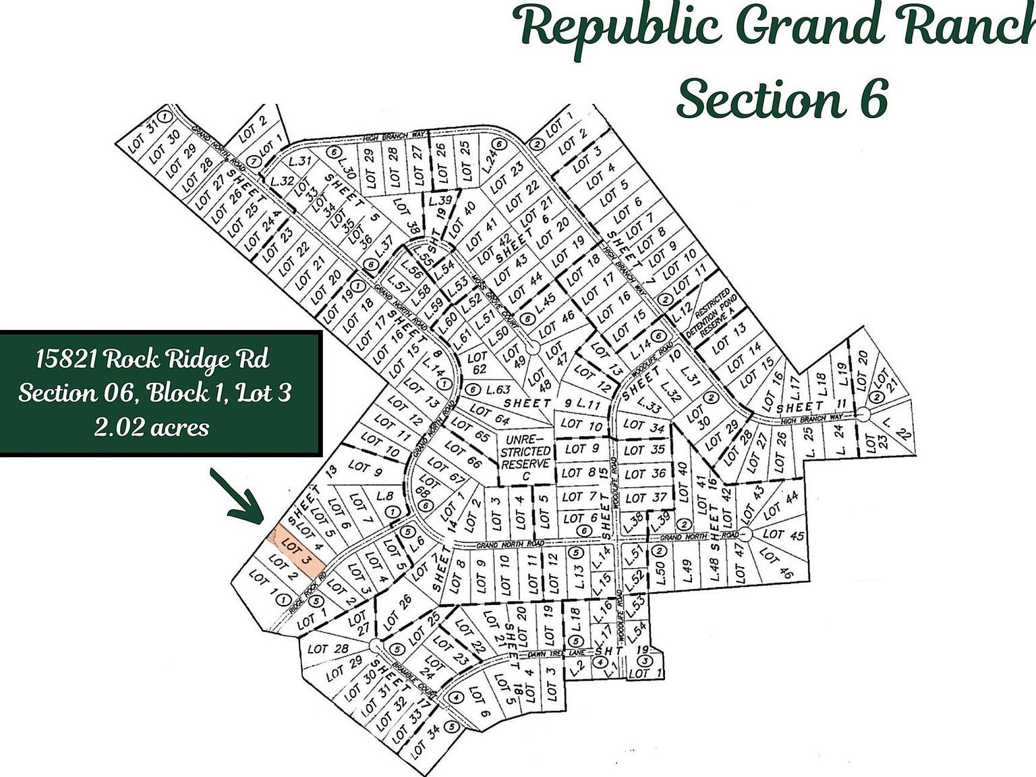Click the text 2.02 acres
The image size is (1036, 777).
(151, 427)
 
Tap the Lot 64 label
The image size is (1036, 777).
(488, 415)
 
